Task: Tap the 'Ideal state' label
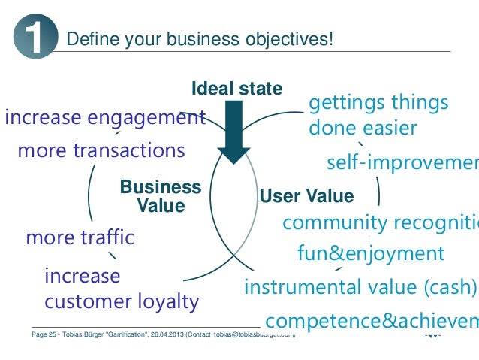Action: coord(237,89)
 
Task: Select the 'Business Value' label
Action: coord(161,195)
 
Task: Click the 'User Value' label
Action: coord(306,197)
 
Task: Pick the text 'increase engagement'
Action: coord(105,118)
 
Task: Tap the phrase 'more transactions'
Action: coord(101,150)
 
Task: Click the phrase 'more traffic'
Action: coord(80,238)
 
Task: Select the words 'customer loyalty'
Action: coord(122,302)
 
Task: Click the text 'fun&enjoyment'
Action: coord(371,253)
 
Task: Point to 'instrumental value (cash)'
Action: coord(360,287)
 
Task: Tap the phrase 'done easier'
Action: coord(363,128)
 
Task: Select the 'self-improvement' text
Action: coord(402,163)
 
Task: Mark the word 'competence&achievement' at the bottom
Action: coord(372,322)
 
